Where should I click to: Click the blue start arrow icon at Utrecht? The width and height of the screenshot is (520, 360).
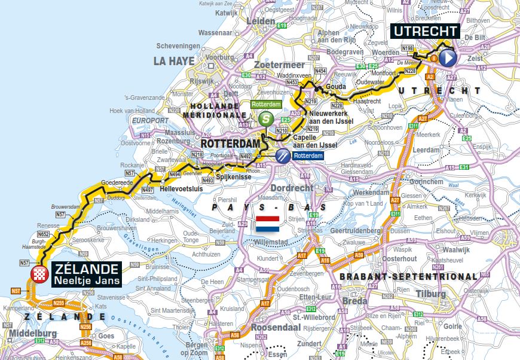(x=448, y=58)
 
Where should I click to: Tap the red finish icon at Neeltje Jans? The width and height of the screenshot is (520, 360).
(x=39, y=274)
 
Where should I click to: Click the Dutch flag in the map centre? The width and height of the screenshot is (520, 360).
(x=268, y=225)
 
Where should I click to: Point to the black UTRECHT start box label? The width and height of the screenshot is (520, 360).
(x=425, y=32)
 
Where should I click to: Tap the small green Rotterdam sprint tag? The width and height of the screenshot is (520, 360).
(x=266, y=104)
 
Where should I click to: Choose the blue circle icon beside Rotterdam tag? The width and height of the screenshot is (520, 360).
(x=282, y=155)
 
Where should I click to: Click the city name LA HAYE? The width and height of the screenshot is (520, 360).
(x=174, y=61)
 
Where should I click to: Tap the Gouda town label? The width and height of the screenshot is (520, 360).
(x=337, y=87)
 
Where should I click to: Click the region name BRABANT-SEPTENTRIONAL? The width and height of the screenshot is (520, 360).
(x=408, y=276)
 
